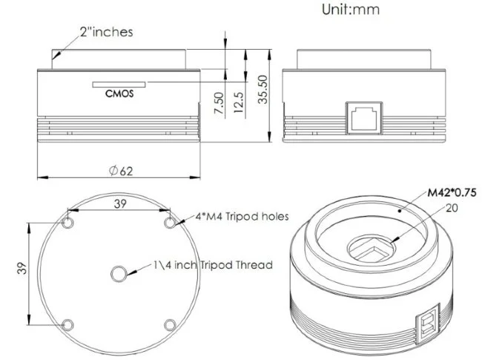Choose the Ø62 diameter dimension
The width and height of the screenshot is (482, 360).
tap(120, 171)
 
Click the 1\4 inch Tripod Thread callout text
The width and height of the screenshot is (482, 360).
tap(213, 264)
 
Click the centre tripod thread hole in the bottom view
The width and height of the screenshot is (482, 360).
tap(119, 274)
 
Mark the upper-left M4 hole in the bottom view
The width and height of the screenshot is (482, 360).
tap(69, 223)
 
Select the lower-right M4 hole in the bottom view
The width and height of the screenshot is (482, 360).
tap(169, 324)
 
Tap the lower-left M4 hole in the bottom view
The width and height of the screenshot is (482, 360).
tap(69, 324)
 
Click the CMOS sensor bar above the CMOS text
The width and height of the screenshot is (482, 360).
tap(119, 83)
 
